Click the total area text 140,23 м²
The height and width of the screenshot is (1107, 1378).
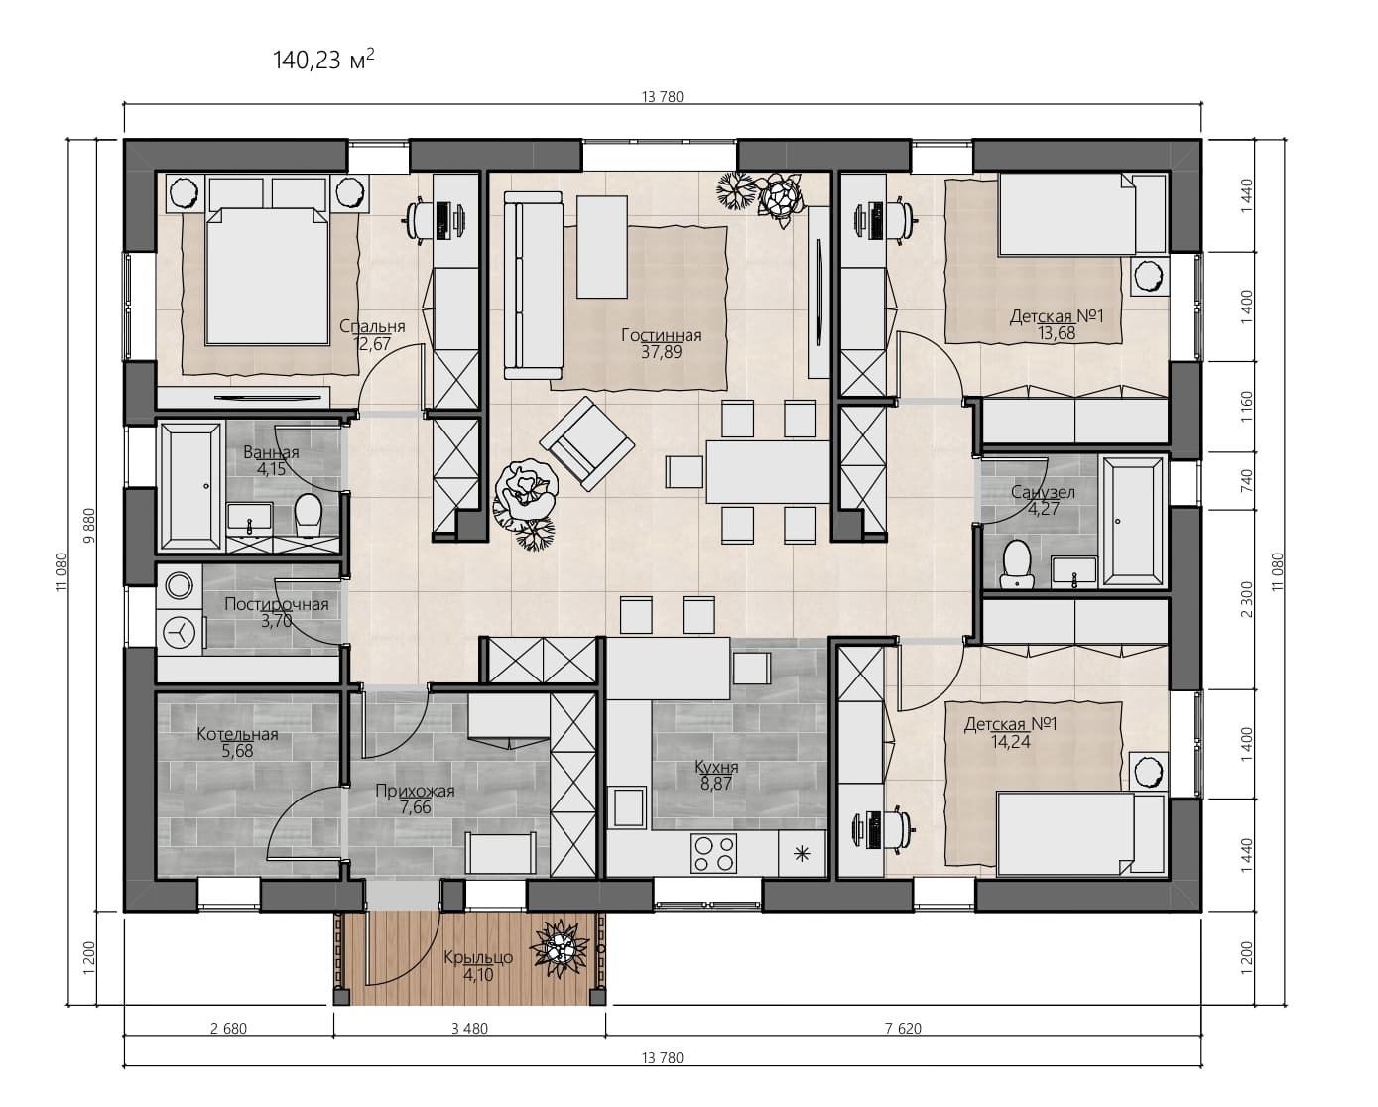coord(323,61)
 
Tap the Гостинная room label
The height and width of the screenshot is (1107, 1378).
coord(662,335)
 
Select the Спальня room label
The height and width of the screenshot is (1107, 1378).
coord(372,326)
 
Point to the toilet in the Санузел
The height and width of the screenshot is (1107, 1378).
coord(1017,564)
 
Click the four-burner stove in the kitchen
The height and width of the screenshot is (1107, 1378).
coord(713,854)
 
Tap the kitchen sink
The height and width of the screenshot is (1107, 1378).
coord(629,807)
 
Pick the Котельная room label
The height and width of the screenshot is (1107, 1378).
coord(237,734)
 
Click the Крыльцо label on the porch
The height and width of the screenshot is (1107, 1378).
coord(478,957)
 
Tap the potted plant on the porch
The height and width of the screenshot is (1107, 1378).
coord(559,948)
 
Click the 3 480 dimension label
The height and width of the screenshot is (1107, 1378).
coord(469,1029)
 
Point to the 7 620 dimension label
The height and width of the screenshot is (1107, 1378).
coord(903,1029)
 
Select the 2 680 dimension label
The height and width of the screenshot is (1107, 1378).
coord(228,1029)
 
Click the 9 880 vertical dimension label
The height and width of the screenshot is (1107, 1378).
coord(89,525)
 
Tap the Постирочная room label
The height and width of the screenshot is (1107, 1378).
coord(277,604)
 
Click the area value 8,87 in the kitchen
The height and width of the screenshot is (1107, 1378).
coord(716,783)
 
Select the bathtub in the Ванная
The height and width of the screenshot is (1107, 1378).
coord(189,486)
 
